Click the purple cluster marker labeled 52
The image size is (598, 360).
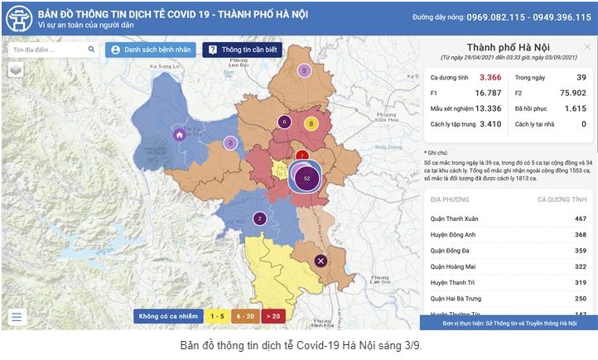pos(307,178)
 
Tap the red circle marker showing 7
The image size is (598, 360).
pos(302,155)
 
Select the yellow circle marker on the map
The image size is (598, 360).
pos(311,124)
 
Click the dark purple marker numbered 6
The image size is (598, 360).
pos(284,122)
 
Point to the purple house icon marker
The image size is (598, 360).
pos(178,135)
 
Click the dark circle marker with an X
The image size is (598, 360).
pos(321,262)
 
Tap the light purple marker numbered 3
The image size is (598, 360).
pos(231,142)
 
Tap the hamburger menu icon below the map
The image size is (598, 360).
pos(17,316)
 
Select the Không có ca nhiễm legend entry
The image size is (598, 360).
pos(167,315)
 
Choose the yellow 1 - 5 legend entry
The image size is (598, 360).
pos(218,315)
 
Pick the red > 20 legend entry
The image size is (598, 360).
pos(272,315)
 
